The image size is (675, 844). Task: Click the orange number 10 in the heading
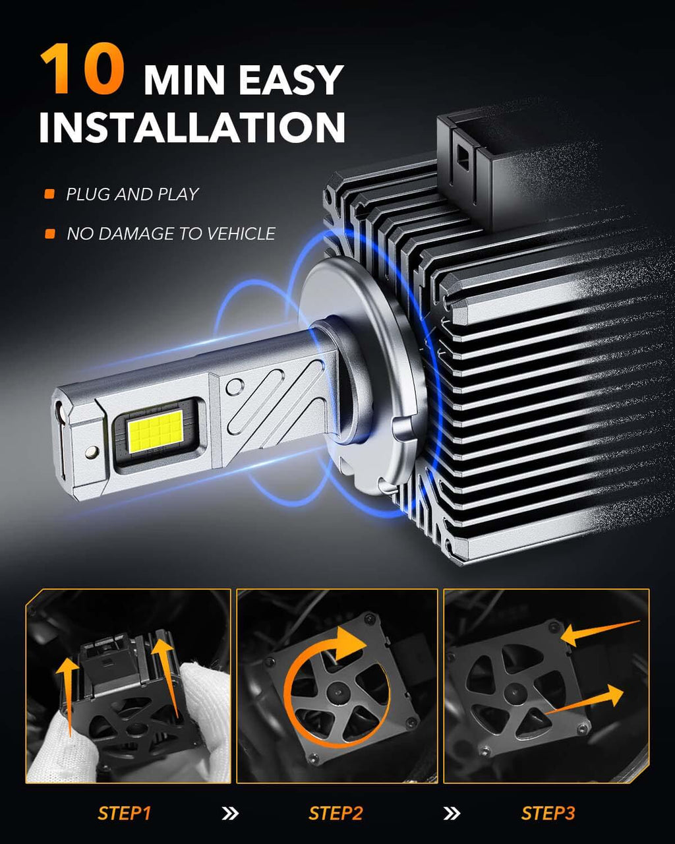83,69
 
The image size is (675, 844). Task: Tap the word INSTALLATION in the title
192,127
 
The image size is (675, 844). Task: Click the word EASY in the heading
291,80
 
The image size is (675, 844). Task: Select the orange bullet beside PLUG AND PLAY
49,194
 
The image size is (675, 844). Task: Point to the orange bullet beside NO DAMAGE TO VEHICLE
50,233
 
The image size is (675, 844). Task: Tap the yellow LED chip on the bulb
156,431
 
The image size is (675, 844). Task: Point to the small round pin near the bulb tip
92,452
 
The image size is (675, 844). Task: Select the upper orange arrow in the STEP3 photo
600,632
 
